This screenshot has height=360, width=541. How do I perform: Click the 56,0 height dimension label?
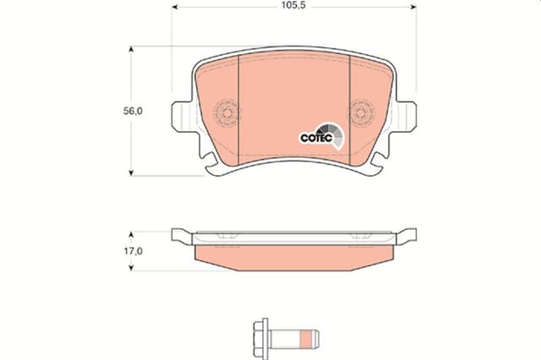(129, 111)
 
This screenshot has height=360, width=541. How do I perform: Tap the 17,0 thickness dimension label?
(129, 251)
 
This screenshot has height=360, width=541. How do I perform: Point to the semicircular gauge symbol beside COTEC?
(337, 134)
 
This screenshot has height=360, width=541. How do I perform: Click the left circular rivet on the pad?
(227, 113)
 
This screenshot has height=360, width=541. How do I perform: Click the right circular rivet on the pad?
(361, 113)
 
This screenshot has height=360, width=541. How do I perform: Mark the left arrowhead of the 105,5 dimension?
(177, 6)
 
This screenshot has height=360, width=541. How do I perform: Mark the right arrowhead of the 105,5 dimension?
(413, 6)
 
